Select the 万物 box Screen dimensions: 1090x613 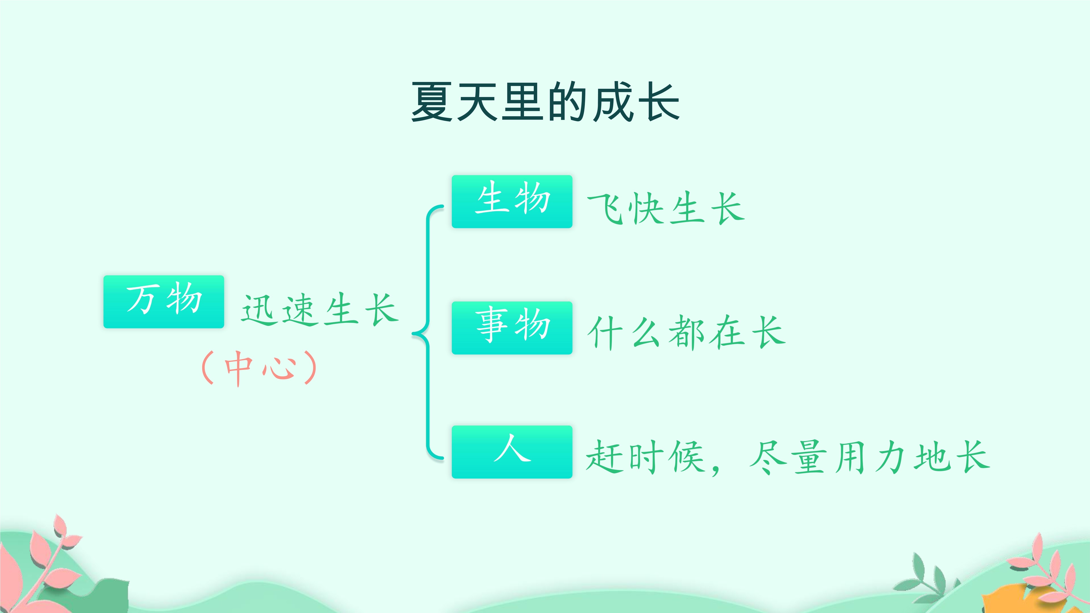164,302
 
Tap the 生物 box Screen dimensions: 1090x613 512,201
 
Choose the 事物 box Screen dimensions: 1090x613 512,328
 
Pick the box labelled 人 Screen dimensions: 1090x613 512,452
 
